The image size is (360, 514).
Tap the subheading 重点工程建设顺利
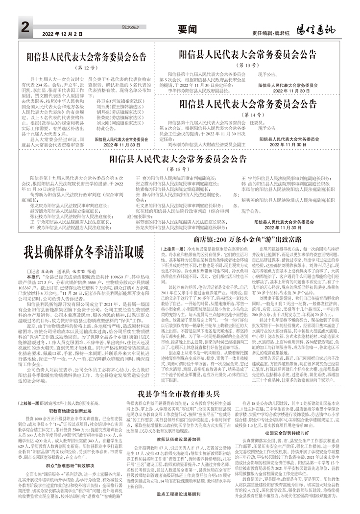(179, 507)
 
